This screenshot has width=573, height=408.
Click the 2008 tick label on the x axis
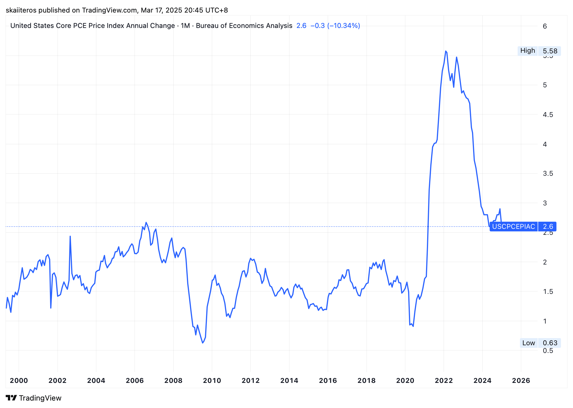[x=173, y=380]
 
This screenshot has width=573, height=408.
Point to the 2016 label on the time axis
[x=328, y=380]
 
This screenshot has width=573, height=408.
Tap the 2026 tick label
[x=521, y=380]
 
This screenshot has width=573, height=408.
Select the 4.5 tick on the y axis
[x=548, y=115]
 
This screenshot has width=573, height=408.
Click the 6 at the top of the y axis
[x=545, y=26]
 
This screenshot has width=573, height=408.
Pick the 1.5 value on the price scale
[x=548, y=292]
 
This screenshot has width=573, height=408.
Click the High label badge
[x=528, y=51]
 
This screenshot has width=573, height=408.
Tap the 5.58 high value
[x=550, y=51]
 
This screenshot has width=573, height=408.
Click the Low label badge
[x=528, y=343]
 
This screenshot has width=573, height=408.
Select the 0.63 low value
[x=550, y=343]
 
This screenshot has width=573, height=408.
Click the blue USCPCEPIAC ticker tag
[x=513, y=227]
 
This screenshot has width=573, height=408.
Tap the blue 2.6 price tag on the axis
[x=548, y=227]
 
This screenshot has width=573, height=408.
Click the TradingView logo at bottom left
[x=34, y=398]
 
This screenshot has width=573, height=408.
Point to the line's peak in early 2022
[x=446, y=51]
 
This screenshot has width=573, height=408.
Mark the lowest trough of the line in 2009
[x=203, y=343]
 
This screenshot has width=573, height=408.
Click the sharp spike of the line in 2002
[x=70, y=237]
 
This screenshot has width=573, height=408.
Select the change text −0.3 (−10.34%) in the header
[x=335, y=26]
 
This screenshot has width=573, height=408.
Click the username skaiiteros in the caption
[x=21, y=10]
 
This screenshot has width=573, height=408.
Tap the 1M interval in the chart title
[x=185, y=26]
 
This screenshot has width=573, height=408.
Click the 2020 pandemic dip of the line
[x=413, y=326]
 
